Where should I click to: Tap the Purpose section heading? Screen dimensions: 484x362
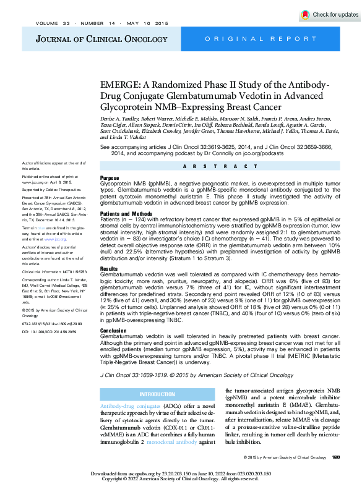pyautogui.click(x=110, y=177)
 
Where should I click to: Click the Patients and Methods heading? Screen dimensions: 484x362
pyautogui.click(x=126, y=213)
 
